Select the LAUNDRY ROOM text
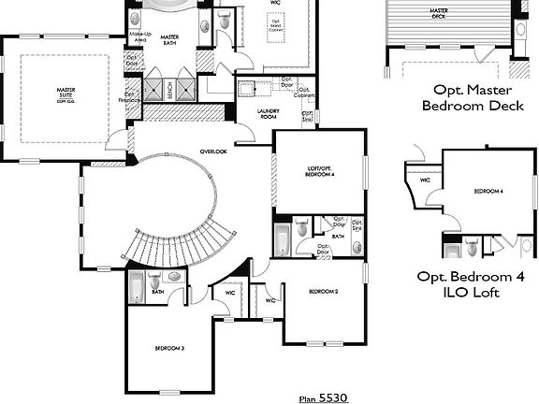[x=269, y=115]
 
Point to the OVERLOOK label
[x=213, y=151]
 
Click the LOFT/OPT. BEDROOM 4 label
[x=321, y=173]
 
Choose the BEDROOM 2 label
[x=324, y=292]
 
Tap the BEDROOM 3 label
[x=169, y=348]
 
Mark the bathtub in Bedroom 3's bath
[x=137, y=287]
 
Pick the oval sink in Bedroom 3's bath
[x=174, y=277]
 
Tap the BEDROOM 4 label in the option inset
[x=488, y=191]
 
